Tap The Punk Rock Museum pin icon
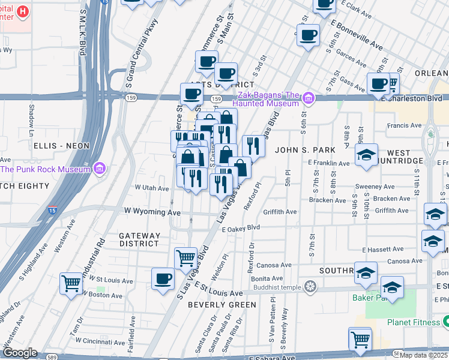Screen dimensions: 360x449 [100, 168]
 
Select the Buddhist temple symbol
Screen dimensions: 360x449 [310, 286]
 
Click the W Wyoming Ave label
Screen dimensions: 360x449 [152, 212]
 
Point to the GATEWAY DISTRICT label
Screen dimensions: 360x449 [139, 239]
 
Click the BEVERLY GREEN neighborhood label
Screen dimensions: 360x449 [221, 305]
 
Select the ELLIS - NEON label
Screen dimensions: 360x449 [61, 146]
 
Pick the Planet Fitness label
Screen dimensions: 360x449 [413, 322]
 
